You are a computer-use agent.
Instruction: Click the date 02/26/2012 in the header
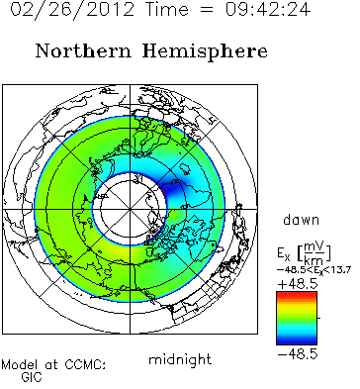[x=72, y=8]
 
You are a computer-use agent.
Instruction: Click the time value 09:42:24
[x=268, y=8]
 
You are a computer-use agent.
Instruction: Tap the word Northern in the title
[x=83, y=51]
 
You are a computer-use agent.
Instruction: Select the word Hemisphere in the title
[x=205, y=51]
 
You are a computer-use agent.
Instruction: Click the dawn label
[x=301, y=220]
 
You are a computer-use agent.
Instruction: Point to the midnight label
[x=180, y=359]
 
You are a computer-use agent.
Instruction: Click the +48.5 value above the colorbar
[x=298, y=284]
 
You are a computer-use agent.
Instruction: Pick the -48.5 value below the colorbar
[x=298, y=354]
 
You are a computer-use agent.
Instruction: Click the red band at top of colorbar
[x=297, y=294]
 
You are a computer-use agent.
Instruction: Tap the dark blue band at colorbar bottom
[x=297, y=341]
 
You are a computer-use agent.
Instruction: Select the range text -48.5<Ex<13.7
[x=314, y=270]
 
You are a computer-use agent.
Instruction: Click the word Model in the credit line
[x=20, y=365]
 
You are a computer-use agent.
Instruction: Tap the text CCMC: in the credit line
[x=85, y=365]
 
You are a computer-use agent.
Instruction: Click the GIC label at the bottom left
[x=32, y=376]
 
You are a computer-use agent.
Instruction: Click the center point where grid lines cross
[x=130, y=209]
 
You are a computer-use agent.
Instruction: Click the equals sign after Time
[x=207, y=9]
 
